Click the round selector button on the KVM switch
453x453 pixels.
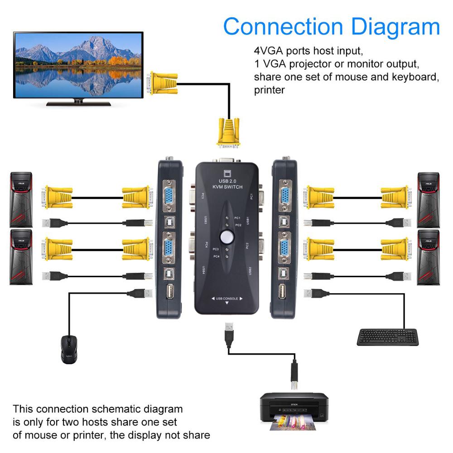(x=225, y=236)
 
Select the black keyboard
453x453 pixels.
(x=387, y=337)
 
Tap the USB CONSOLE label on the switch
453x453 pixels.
(x=226, y=299)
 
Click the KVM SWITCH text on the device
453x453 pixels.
(x=227, y=187)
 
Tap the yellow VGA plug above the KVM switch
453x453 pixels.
(x=228, y=132)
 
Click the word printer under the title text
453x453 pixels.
(x=269, y=90)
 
